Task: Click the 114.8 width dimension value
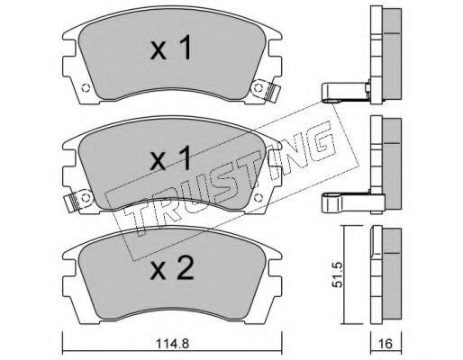172,344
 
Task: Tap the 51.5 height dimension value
338,274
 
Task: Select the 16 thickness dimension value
386,344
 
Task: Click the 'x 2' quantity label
172,268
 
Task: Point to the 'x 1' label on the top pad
171,48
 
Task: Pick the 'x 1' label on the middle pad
171,158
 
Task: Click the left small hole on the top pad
86,88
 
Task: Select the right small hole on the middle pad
258,198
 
